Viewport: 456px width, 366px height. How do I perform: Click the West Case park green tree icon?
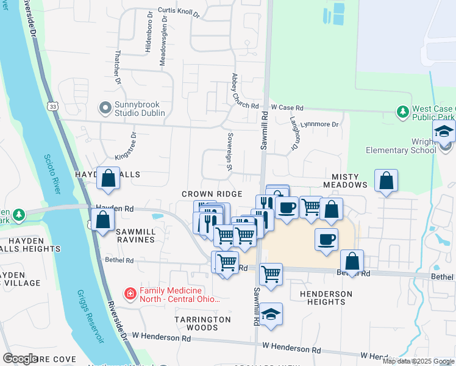coord(402,112)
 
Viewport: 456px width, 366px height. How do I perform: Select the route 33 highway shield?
coord(54,106)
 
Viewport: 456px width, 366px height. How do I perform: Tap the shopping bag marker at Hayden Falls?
coord(109,179)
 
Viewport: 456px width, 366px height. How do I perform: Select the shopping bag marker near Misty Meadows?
coord(386,181)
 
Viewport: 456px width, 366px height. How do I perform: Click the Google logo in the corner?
coord(20,359)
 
